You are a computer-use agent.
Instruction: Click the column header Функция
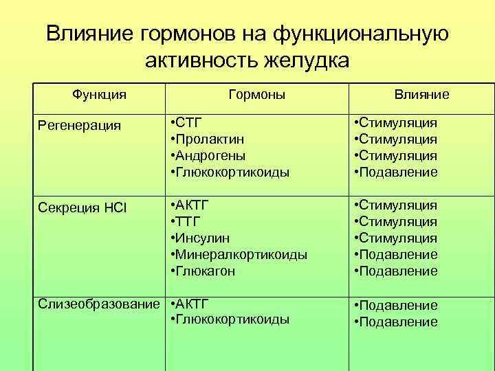100,94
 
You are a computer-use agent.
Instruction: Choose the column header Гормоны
256,94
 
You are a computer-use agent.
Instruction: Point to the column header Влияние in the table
421,94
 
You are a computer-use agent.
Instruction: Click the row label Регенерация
80,125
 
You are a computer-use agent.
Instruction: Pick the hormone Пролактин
206,139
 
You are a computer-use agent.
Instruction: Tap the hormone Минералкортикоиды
241,255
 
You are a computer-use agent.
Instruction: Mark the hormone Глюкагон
206,271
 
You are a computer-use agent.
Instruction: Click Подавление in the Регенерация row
399,172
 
